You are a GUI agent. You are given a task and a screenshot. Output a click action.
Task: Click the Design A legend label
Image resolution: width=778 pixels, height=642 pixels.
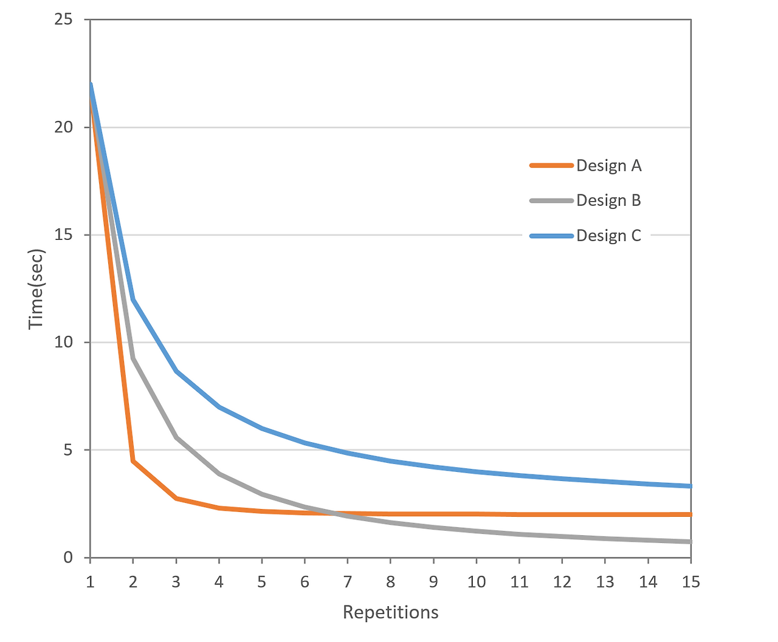tap(608, 166)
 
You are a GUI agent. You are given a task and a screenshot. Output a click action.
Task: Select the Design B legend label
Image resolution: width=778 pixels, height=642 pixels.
tap(608, 200)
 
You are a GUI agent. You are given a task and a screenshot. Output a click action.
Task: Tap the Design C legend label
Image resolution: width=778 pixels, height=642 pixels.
tap(608, 236)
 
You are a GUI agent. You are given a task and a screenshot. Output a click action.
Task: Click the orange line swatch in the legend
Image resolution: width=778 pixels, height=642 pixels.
tap(551, 165)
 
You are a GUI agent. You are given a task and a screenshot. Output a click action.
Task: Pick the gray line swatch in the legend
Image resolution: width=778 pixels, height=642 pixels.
tap(551, 200)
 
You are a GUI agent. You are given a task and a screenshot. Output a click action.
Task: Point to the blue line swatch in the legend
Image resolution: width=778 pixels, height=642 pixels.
tap(551, 236)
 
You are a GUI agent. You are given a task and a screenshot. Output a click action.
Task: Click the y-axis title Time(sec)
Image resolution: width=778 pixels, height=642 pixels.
tap(37, 289)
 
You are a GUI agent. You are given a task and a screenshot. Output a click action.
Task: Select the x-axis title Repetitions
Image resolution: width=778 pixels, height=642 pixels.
tap(390, 612)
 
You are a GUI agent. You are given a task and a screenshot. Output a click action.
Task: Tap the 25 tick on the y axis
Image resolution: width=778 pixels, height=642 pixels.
tap(63, 20)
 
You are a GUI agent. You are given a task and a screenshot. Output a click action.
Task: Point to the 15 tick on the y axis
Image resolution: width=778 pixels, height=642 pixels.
tap(63, 235)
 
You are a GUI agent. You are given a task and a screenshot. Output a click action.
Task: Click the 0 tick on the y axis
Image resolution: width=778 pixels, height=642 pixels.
tap(68, 558)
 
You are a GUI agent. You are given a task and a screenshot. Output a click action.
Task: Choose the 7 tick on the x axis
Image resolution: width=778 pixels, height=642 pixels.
tap(347, 582)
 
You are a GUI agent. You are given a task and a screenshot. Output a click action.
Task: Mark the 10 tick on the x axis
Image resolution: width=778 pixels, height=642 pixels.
tap(476, 582)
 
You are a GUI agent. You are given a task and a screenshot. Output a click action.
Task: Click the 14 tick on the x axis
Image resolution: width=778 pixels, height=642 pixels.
tap(648, 582)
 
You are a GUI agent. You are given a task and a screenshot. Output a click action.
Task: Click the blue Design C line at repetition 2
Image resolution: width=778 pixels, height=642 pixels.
tap(133, 299)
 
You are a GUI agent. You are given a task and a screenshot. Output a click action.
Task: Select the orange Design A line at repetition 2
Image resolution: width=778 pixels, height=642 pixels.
tap(133, 461)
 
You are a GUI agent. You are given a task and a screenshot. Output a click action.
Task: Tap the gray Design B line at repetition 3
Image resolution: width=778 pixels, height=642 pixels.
tap(176, 437)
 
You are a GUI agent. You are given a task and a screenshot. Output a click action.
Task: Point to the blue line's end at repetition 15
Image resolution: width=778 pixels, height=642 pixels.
tap(690, 486)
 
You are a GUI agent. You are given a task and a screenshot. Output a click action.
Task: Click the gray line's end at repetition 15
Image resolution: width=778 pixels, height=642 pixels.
tap(690, 541)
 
